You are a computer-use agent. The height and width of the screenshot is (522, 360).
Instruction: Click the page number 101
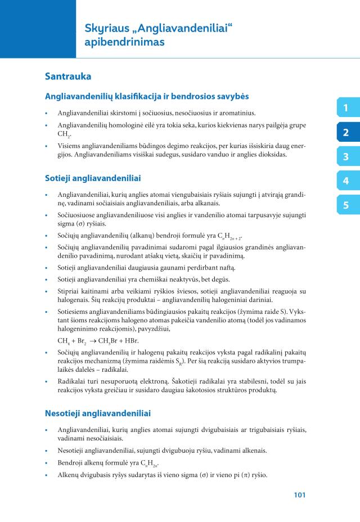tap(299, 495)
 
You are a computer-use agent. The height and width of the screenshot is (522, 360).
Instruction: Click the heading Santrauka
tap(68, 75)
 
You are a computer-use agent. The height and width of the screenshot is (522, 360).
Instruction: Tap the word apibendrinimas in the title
tap(124, 42)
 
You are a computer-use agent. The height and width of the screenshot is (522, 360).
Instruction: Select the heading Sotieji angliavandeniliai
tap(93, 178)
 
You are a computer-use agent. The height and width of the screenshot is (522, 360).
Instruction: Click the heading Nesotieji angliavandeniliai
tap(98, 413)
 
